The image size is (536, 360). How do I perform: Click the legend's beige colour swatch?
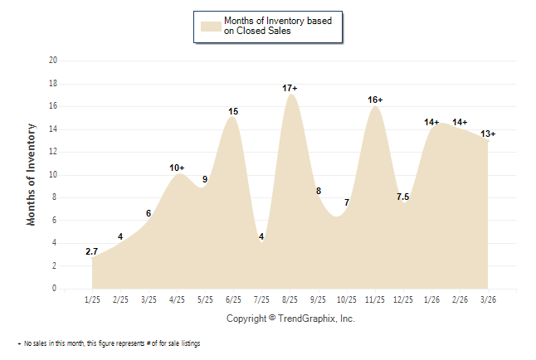[211, 26]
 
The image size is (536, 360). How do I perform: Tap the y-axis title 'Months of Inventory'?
[32, 174]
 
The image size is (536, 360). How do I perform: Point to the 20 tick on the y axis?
[53, 61]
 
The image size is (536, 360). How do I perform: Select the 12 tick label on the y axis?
[53, 152]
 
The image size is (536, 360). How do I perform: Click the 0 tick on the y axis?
[55, 289]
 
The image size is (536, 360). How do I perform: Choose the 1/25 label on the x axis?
[93, 299]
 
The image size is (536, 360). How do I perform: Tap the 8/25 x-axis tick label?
[290, 299]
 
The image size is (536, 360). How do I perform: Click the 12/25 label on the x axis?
[402, 299]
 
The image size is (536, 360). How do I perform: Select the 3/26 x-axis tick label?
[487, 299]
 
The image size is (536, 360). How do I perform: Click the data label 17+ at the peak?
[290, 88]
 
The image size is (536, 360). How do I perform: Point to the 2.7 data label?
[92, 251]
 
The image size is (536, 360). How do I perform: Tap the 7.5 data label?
[402, 197]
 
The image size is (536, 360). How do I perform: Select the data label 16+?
[375, 100]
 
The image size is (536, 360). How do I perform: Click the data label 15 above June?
[233, 111]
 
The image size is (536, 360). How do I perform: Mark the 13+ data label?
[488, 134]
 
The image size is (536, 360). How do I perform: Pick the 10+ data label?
[177, 168]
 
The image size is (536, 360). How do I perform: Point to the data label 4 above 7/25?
[261, 237]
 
